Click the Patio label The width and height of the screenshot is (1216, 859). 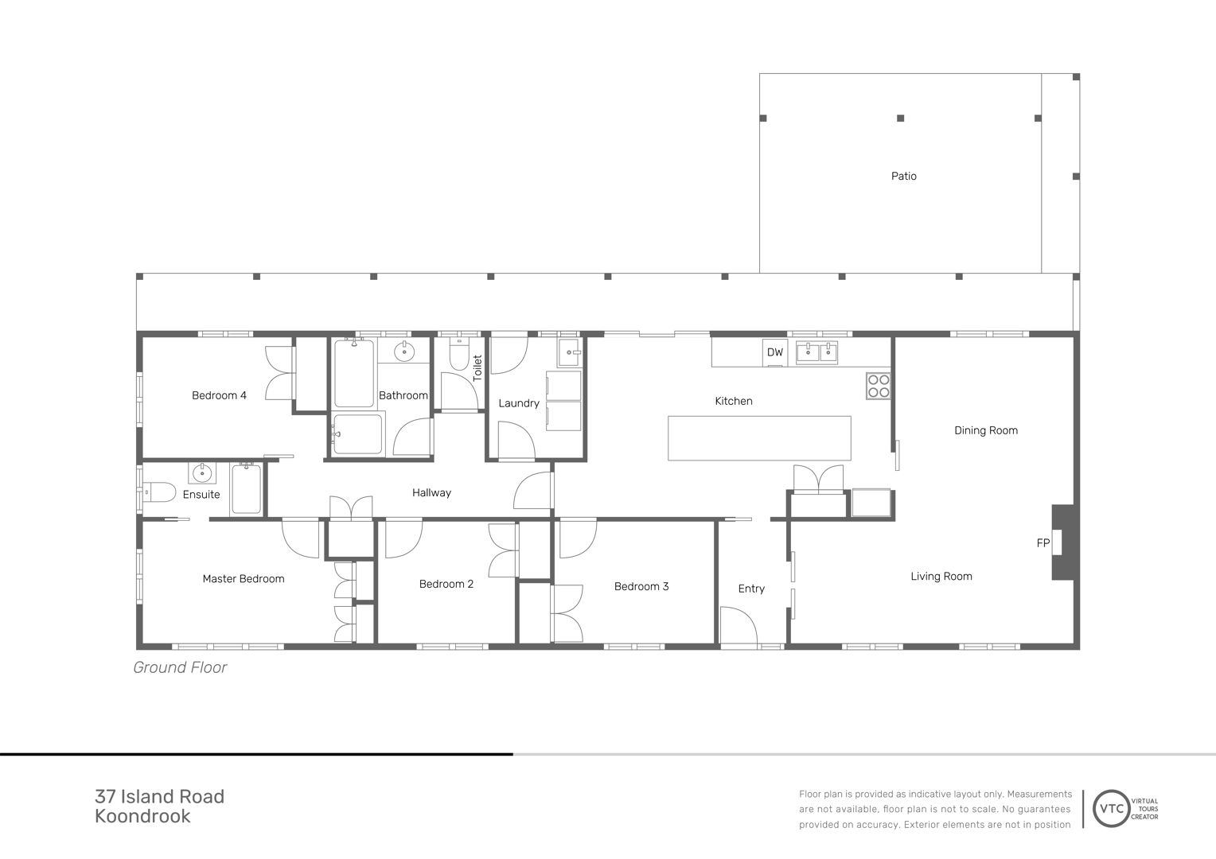[x=903, y=176]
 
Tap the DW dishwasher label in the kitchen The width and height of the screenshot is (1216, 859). [x=774, y=352]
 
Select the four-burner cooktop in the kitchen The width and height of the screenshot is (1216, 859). [x=878, y=386]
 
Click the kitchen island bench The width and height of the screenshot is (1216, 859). [x=759, y=438]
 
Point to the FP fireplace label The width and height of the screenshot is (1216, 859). [x=1043, y=542]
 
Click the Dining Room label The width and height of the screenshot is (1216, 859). [x=986, y=430]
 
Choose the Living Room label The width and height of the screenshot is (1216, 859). [x=941, y=577]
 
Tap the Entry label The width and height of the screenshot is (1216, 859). [x=751, y=589]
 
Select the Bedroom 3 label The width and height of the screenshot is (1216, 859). [x=641, y=586]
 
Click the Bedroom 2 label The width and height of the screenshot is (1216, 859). [x=446, y=584]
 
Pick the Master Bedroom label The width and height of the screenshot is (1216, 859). [x=244, y=578]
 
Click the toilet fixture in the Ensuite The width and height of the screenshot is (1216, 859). [x=158, y=492]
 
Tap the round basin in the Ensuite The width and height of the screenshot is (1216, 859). [x=202, y=472]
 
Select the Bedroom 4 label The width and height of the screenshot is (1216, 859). [x=219, y=395]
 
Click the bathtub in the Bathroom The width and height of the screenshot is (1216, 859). [x=354, y=373]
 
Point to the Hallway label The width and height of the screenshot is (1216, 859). [x=431, y=492]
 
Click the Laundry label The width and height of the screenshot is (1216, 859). [x=519, y=403]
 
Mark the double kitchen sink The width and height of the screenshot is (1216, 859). [x=817, y=352]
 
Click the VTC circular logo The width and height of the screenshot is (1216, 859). [x=1111, y=809]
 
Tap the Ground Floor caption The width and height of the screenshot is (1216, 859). [x=180, y=667]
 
